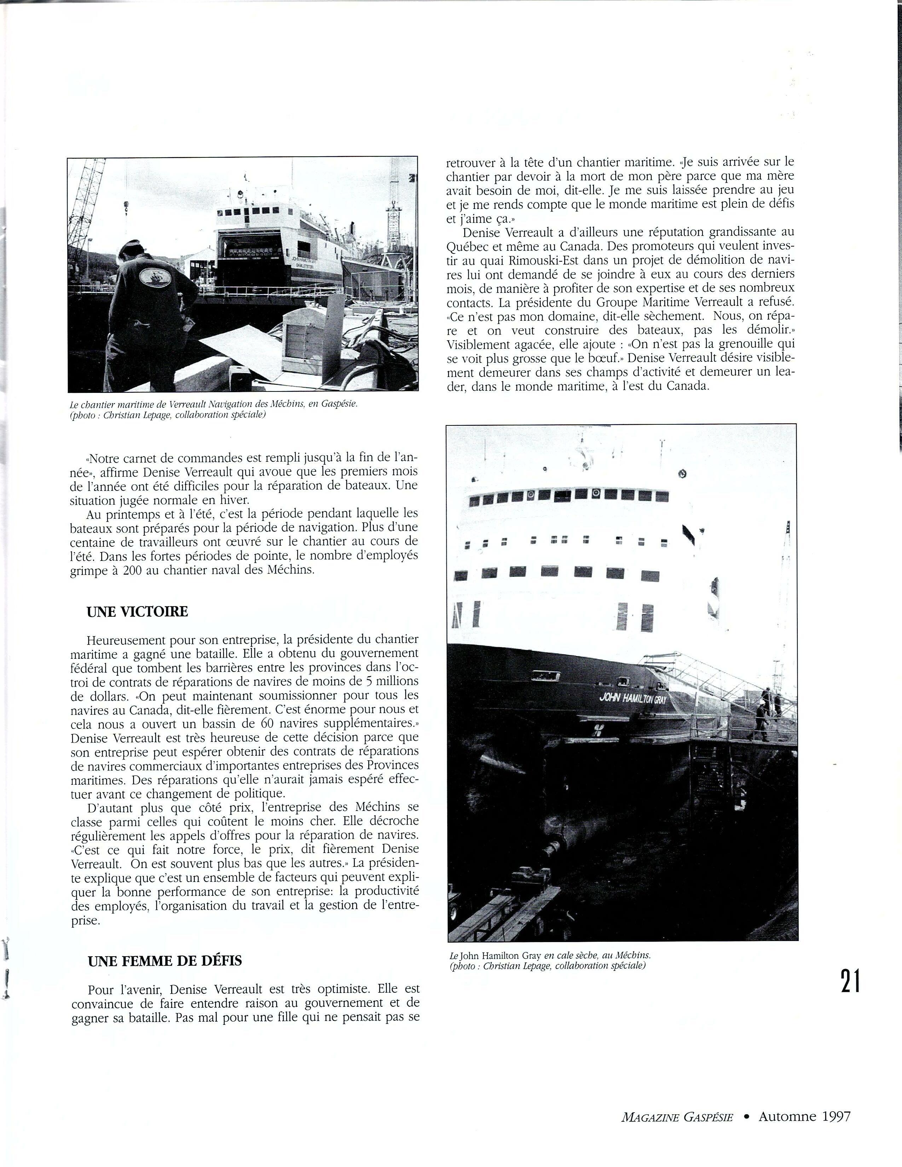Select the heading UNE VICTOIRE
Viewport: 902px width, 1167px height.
137,612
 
